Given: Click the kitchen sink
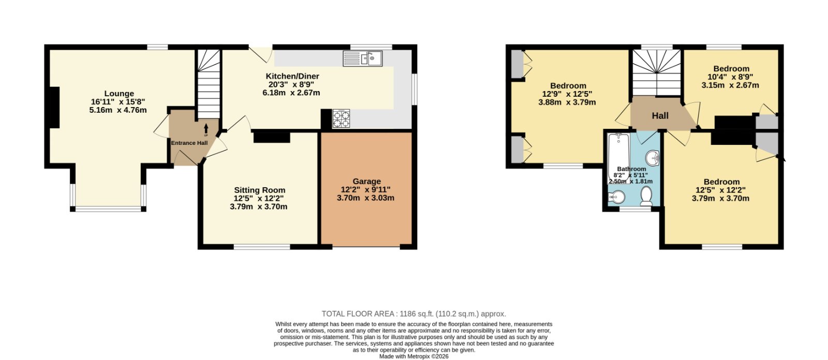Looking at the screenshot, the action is [x=363, y=59].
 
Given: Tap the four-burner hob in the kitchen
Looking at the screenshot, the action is [x=341, y=118].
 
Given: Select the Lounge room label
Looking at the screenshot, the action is [x=119, y=94].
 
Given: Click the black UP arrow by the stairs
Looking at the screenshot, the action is [x=206, y=129].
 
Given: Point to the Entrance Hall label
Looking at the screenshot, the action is [x=189, y=143].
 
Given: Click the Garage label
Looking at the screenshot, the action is [x=366, y=182].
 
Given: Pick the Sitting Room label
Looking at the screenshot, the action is [x=259, y=190].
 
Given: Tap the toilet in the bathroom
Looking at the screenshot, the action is [x=646, y=196].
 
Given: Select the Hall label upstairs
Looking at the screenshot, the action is [x=660, y=116].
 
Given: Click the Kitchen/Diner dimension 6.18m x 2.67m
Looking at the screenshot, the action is [x=291, y=93].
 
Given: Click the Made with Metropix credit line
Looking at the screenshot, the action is [x=414, y=356].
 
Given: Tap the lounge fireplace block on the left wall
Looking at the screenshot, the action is [x=54, y=108].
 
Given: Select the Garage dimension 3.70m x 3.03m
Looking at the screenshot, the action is [x=365, y=198].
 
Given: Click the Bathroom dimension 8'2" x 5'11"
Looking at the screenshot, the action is [x=631, y=175].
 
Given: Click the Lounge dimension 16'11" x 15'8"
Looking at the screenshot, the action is [x=118, y=102].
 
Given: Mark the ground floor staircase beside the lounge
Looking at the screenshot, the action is [x=209, y=84].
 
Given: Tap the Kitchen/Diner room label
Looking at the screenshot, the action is [x=292, y=77].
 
